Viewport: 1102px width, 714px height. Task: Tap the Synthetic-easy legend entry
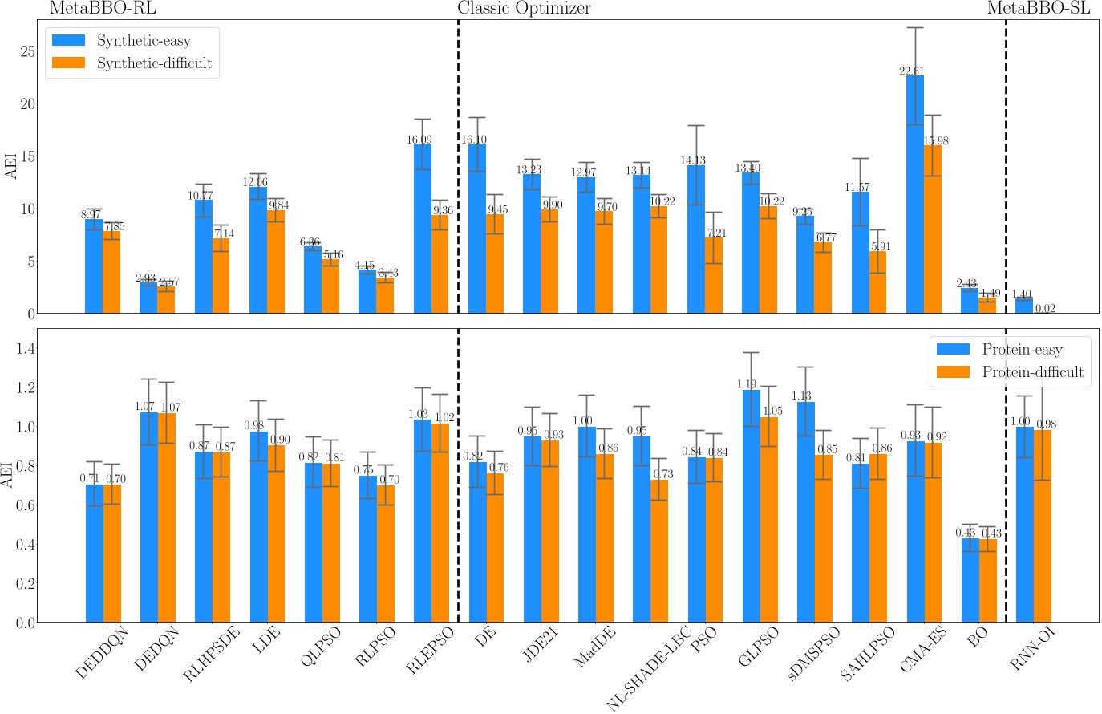click(132, 41)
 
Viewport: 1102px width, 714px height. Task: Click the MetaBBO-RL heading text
click(103, 9)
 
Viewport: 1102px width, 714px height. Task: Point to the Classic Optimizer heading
click(524, 9)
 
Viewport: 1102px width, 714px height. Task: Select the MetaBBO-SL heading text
click(1038, 9)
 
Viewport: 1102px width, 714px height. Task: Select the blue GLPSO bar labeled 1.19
click(751, 506)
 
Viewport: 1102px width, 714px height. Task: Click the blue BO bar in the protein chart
click(970, 580)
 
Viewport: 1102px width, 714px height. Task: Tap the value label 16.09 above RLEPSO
click(419, 140)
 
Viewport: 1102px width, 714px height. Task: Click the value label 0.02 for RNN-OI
click(1044, 309)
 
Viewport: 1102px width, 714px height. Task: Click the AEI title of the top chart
click(10, 166)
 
